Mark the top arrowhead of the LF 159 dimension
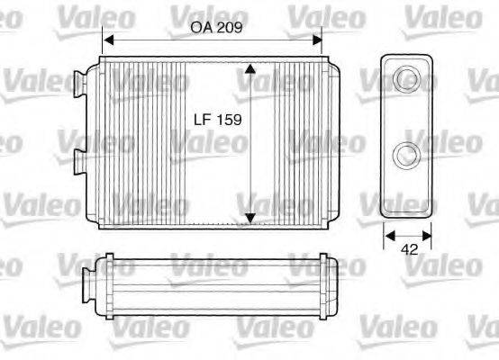pos(250,68)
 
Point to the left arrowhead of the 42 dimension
pos(388,238)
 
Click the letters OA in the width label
pos(199,27)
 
